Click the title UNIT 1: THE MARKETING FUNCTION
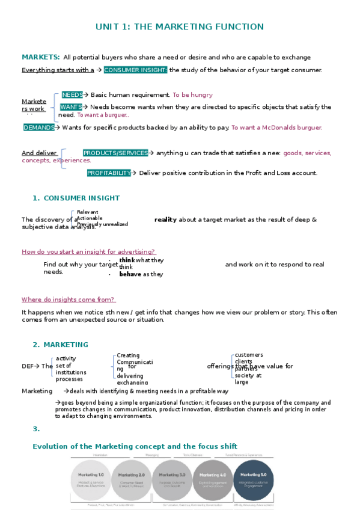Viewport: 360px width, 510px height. click(180, 27)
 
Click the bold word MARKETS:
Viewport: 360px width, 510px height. click(41, 57)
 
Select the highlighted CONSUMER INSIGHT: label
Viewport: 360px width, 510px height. click(135, 70)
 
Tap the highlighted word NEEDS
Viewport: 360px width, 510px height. click(73, 95)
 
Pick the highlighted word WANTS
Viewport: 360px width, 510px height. click(71, 107)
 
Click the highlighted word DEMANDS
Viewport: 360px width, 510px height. click(38, 127)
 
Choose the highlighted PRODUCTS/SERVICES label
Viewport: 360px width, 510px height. click(115, 153)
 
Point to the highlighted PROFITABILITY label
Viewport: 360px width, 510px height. click(109, 173)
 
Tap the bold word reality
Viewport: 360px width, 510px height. click(165, 220)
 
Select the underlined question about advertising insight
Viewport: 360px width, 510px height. click(88, 251)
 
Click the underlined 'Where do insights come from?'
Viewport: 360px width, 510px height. click(68, 300)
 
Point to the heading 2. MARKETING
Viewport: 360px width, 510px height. click(60, 345)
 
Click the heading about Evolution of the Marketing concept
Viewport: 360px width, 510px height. click(135, 446)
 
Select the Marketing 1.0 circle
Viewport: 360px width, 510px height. click(91, 480)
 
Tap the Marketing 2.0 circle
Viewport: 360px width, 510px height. click(132, 480)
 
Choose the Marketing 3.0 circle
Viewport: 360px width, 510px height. click(172, 480)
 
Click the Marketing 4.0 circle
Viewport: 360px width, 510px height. click(213, 480)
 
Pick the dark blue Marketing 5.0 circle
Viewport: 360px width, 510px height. click(254, 480)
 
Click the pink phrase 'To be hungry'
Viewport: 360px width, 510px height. click(192, 95)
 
